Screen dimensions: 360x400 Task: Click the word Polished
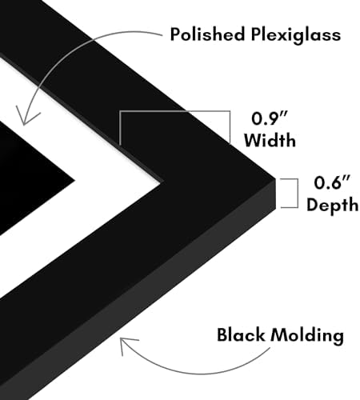[x=207, y=34]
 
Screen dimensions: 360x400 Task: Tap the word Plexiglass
[x=296, y=35]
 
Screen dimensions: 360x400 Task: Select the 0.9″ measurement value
[x=270, y=118]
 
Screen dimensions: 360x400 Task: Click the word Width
[x=270, y=140]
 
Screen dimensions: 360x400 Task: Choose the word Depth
[x=332, y=205]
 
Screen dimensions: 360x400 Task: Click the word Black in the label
[x=241, y=335]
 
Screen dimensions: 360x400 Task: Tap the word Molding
[x=307, y=336]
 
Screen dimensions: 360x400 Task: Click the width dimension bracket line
[x=174, y=111]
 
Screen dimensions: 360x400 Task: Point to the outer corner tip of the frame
[x=275, y=178]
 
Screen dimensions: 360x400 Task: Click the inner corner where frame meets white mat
[x=161, y=182]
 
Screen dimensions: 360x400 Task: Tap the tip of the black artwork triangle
[x=74, y=182]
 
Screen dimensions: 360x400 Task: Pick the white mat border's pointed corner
[x=159, y=182]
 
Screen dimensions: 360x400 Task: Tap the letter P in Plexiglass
[x=256, y=34]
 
